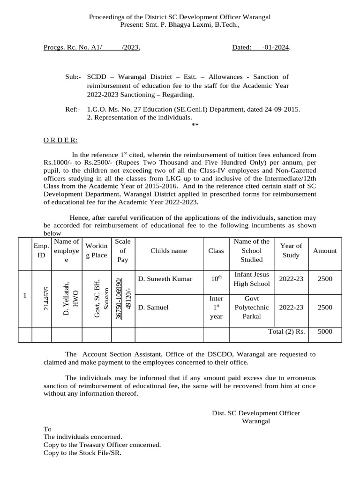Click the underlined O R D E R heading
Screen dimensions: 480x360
tap(60, 140)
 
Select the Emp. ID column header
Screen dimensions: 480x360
tap(42, 250)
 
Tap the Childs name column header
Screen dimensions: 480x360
tap(169, 251)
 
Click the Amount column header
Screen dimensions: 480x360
tap(325, 251)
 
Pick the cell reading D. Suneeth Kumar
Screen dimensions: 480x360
tap(165, 279)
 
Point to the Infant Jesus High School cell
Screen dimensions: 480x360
tap(252, 279)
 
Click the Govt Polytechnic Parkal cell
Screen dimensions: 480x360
tap(252, 307)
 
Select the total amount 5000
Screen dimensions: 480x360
tap(325, 331)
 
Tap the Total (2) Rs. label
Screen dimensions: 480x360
tap(286, 331)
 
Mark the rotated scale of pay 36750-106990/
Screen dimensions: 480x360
tap(120, 299)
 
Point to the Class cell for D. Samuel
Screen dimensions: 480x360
tap(216, 307)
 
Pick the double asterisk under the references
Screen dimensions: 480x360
tap(195, 125)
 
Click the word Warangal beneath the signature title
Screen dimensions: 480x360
tap(255, 421)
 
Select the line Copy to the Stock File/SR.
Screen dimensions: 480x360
tap(82, 453)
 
